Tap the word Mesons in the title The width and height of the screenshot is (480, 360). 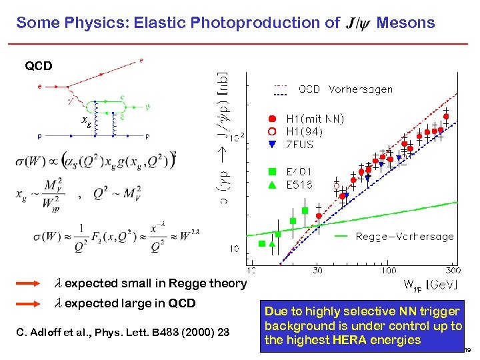[x=405, y=23]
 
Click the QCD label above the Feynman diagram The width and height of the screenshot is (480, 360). [x=39, y=67]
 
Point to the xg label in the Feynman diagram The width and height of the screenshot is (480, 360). [x=86, y=121]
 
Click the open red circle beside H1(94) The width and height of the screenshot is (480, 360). [x=273, y=131]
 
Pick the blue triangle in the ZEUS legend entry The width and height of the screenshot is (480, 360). [x=273, y=143]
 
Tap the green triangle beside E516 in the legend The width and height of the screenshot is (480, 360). [x=273, y=185]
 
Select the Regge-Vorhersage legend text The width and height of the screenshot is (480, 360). [x=404, y=236]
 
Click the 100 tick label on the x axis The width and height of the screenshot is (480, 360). [x=388, y=270]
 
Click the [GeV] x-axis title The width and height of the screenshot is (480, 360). [x=441, y=285]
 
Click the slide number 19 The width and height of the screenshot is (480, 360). [x=469, y=350]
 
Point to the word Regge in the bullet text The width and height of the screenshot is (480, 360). [x=189, y=283]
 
